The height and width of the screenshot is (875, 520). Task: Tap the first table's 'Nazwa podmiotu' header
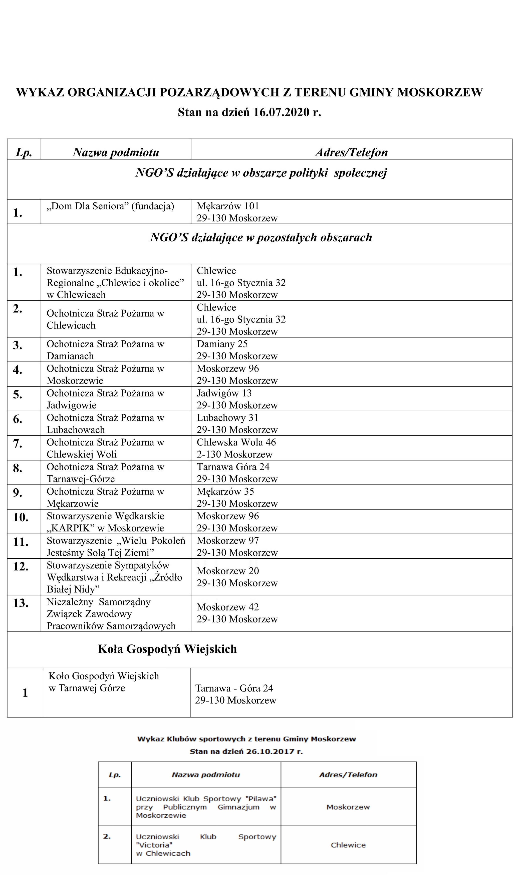point(116,152)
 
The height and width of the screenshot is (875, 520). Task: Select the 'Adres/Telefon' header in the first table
point(351,152)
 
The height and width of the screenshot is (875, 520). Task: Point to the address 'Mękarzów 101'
point(228,206)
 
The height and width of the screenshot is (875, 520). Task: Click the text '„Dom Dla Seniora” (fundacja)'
point(110,206)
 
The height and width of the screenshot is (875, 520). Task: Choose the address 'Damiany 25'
point(222,344)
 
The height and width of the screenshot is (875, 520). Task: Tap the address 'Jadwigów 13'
point(224,393)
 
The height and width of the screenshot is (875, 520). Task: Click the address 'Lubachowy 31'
point(227,417)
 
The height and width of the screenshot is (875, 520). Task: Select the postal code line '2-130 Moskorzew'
point(234,454)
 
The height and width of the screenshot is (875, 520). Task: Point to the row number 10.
point(21,517)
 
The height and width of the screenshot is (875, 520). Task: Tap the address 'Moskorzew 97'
point(228,541)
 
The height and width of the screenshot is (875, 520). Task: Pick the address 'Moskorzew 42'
point(228,607)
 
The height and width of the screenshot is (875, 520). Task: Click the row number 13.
point(21,603)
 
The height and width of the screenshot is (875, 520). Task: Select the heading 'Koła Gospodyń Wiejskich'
point(167,649)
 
